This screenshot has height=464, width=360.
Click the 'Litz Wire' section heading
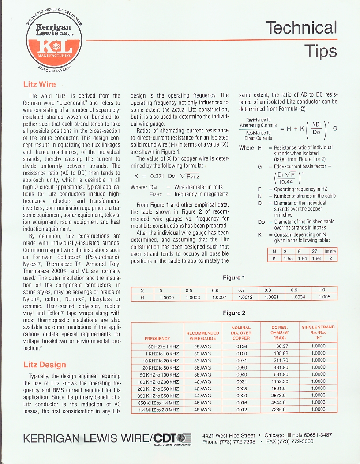(x=39, y=84)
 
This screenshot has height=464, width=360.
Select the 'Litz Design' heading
(x=45, y=365)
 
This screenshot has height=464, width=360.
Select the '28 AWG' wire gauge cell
(x=202, y=347)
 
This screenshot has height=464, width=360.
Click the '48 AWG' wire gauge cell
(x=202, y=410)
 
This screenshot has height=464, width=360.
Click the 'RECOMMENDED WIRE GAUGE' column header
(x=202, y=336)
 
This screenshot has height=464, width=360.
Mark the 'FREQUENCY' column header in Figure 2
(x=157, y=339)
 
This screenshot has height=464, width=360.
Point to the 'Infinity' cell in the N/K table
(x=330, y=251)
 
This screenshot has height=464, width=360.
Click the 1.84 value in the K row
(x=302, y=258)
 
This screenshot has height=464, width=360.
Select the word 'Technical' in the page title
(x=301, y=28)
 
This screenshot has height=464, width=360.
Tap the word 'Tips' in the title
(x=320, y=51)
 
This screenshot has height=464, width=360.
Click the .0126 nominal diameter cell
(x=241, y=347)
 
